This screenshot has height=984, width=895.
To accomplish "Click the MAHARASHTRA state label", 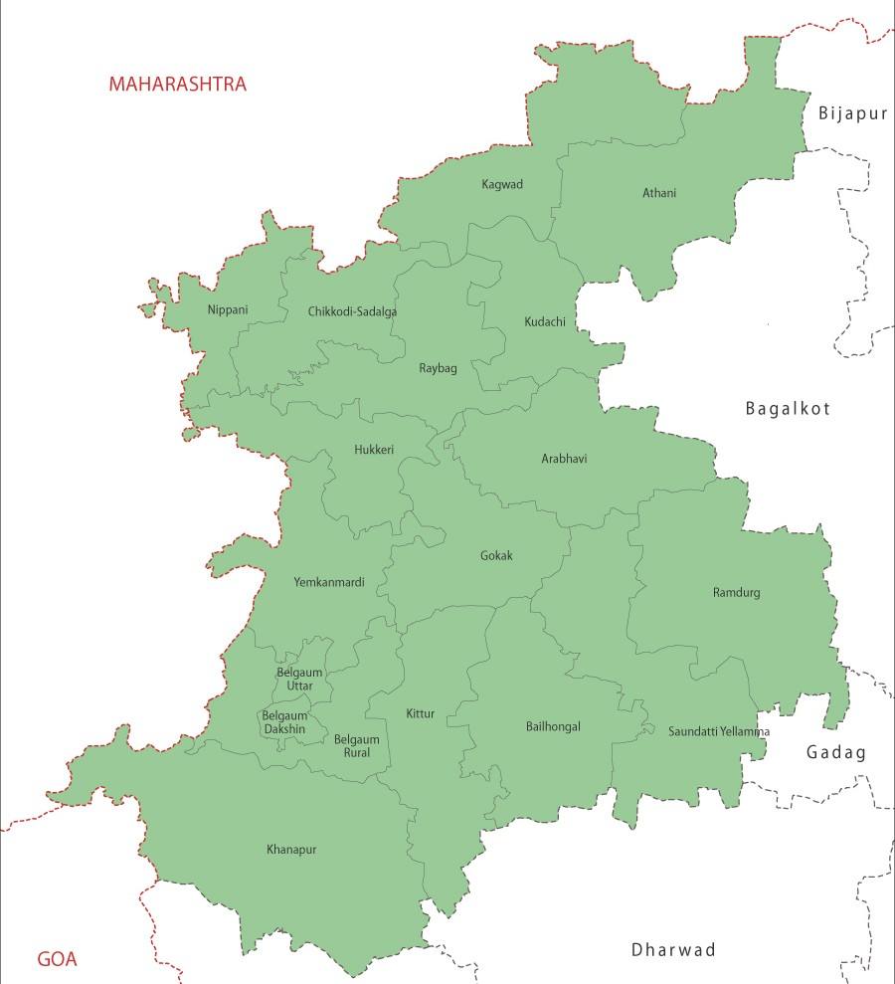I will (177, 84).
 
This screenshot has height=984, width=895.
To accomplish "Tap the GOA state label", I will (57, 960).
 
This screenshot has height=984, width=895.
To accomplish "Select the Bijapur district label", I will (852, 113).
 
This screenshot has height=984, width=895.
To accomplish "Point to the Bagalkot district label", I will (788, 408).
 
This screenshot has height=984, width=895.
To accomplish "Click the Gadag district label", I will (835, 753).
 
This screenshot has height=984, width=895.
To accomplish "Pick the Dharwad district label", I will (673, 950).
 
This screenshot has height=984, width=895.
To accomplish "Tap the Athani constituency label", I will (659, 193).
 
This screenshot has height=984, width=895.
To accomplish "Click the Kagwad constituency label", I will (502, 184).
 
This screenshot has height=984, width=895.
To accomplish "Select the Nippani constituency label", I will (228, 309).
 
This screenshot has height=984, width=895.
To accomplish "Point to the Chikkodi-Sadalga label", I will (352, 311).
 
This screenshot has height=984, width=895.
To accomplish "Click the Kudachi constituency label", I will (545, 321).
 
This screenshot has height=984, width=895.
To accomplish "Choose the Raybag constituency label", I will (438, 368).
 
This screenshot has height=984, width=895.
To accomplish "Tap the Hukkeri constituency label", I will (374, 450).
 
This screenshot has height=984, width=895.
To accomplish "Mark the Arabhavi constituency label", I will (564, 459).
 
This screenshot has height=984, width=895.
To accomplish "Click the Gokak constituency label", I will (496, 556).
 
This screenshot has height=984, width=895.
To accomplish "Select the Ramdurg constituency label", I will (736, 593).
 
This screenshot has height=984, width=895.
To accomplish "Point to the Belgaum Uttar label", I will (294, 679).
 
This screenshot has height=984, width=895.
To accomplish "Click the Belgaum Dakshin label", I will (284, 722).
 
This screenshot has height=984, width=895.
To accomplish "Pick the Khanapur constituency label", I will (291, 850).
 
